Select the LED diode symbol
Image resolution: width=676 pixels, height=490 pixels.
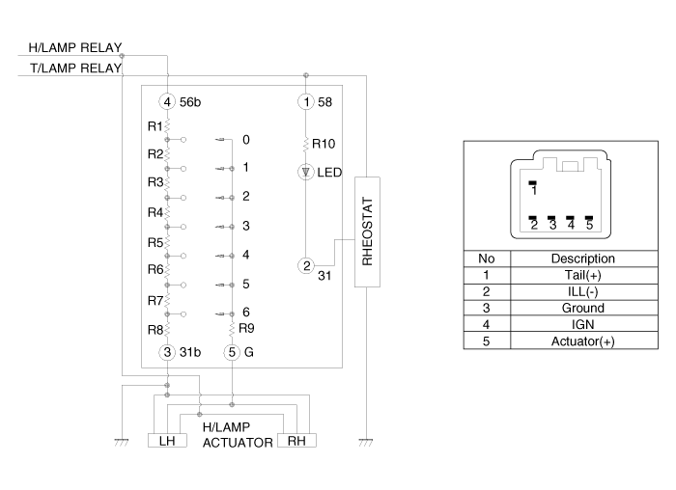pyautogui.click(x=306, y=173)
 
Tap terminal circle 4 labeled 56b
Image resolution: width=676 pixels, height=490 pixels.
pyautogui.click(x=167, y=102)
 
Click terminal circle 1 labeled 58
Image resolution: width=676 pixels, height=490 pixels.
pyautogui.click(x=306, y=102)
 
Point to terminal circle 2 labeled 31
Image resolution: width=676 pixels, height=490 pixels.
pyautogui.click(x=306, y=265)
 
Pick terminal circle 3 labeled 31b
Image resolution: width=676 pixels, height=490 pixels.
pyautogui.click(x=167, y=352)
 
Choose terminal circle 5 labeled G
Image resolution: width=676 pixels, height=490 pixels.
pyautogui.click(x=232, y=352)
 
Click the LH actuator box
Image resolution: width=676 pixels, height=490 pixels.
pyautogui.click(x=167, y=441)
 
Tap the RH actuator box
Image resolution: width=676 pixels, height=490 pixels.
pyautogui.click(x=296, y=441)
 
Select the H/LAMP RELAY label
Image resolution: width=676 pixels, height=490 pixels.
pyautogui.click(x=75, y=47)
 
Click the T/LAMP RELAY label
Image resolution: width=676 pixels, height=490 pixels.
pyautogui.click(x=76, y=68)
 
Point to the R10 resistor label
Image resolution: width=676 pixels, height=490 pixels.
pyautogui.click(x=324, y=144)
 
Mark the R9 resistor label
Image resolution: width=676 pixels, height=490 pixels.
pyautogui.click(x=246, y=329)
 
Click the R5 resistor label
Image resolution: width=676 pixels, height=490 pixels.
pyautogui.click(x=155, y=243)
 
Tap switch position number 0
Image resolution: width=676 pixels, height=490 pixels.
pyautogui.click(x=245, y=140)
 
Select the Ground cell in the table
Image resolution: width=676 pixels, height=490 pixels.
pyautogui.click(x=583, y=308)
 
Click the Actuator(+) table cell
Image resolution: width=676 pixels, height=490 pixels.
pyautogui.click(x=583, y=341)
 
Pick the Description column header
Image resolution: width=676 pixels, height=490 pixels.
pyautogui.click(x=583, y=259)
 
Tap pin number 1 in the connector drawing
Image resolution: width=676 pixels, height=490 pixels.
pyautogui.click(x=534, y=190)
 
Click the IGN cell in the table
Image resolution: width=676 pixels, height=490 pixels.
pyautogui.click(x=583, y=324)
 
